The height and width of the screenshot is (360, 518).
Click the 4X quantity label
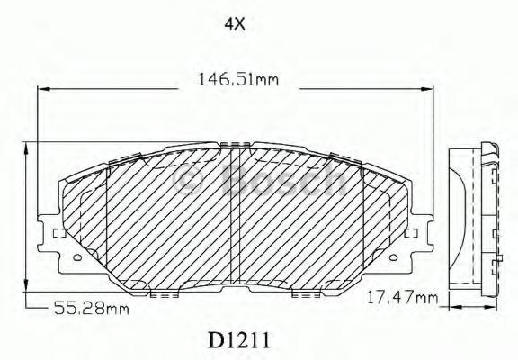(234, 24)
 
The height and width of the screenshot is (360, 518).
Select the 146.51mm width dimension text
(238, 80)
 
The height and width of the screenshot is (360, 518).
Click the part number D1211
(237, 340)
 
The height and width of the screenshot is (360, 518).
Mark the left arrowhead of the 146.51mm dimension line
(41, 89)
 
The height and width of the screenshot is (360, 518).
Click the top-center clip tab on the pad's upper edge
(236, 146)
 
